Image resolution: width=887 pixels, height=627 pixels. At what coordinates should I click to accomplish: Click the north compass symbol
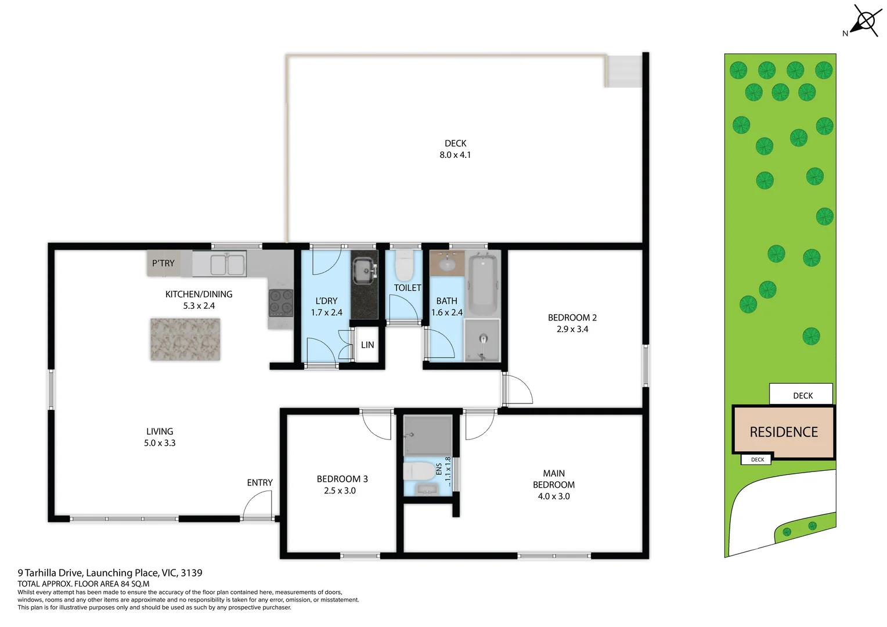pyautogui.click(x=866, y=22)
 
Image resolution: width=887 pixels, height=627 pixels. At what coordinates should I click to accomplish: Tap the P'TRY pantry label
pyautogui.click(x=163, y=263)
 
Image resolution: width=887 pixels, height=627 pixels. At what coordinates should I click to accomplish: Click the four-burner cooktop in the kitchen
pyautogui.click(x=281, y=303)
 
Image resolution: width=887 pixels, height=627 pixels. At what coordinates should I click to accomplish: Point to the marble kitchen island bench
pyautogui.click(x=185, y=340)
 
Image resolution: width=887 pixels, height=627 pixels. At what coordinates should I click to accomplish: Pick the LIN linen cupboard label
pyautogui.click(x=367, y=345)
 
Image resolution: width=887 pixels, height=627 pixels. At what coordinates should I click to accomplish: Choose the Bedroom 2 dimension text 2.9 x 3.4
pyautogui.click(x=572, y=329)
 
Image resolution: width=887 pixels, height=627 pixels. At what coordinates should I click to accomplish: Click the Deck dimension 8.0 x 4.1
pyautogui.click(x=455, y=155)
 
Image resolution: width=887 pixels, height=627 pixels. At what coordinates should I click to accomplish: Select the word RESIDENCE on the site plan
pyautogui.click(x=784, y=432)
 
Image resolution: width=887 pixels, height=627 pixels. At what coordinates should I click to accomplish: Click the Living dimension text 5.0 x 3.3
pyautogui.click(x=160, y=443)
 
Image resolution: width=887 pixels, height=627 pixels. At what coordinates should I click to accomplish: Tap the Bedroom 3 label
pyautogui.click(x=342, y=479)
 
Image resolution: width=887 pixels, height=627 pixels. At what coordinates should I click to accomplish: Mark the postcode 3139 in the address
pyautogui.click(x=192, y=573)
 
